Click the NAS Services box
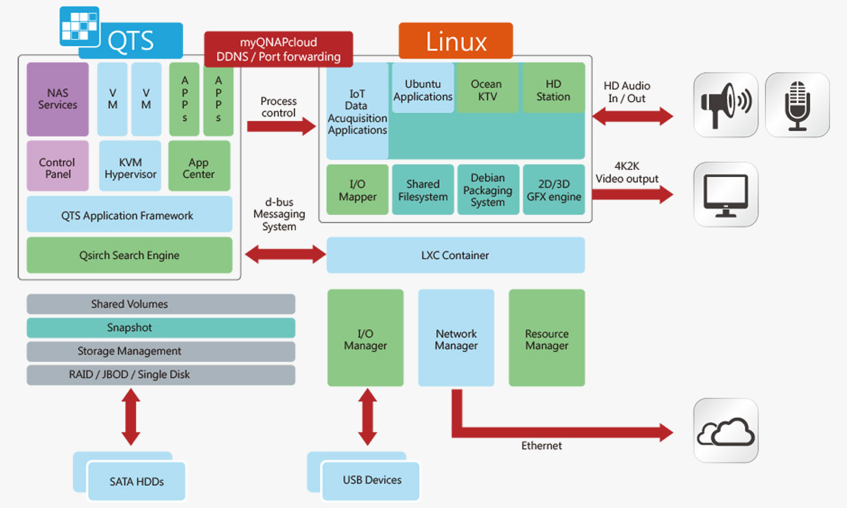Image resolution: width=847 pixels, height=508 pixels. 57,99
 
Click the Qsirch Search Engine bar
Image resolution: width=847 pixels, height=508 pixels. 129,255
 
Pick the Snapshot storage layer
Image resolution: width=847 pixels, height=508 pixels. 160,328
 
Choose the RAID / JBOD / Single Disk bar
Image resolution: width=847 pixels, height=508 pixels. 160,374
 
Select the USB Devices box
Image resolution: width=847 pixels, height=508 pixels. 371,480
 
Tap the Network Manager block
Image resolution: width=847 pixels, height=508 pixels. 456,339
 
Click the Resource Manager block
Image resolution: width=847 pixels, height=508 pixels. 547,339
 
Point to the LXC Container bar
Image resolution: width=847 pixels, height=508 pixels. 455,255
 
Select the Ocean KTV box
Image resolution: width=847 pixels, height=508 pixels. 487,89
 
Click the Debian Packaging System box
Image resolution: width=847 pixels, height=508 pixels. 487,190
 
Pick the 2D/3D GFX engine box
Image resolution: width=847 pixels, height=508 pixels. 554,190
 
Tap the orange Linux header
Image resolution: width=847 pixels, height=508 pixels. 455,41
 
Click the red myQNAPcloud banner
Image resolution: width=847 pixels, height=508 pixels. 278,49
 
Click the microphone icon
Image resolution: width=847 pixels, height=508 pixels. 797,105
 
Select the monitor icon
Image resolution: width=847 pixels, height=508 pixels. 725,194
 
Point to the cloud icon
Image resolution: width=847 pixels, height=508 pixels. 725,430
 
